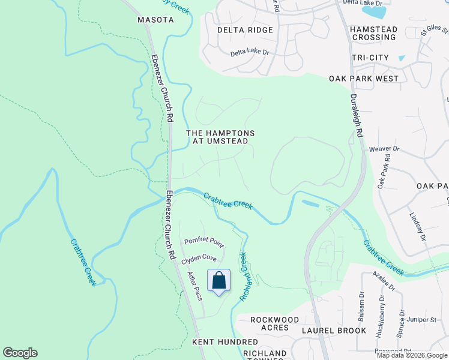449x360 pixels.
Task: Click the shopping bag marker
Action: [219, 281]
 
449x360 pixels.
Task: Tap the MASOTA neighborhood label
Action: [155, 20]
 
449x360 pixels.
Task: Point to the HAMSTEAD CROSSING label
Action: [373, 33]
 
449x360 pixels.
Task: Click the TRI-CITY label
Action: [370, 58]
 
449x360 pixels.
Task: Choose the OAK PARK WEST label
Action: [364, 79]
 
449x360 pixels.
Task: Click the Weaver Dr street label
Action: [384, 148]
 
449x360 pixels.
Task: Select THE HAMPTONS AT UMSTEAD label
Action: [220, 137]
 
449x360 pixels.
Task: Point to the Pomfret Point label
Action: [203, 244]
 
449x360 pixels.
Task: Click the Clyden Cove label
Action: [199, 257]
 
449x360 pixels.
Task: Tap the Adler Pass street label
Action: [194, 285]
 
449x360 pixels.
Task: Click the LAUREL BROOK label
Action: [334, 331]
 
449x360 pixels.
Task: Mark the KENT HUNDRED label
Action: [216, 341]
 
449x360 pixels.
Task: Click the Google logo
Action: [20, 353]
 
